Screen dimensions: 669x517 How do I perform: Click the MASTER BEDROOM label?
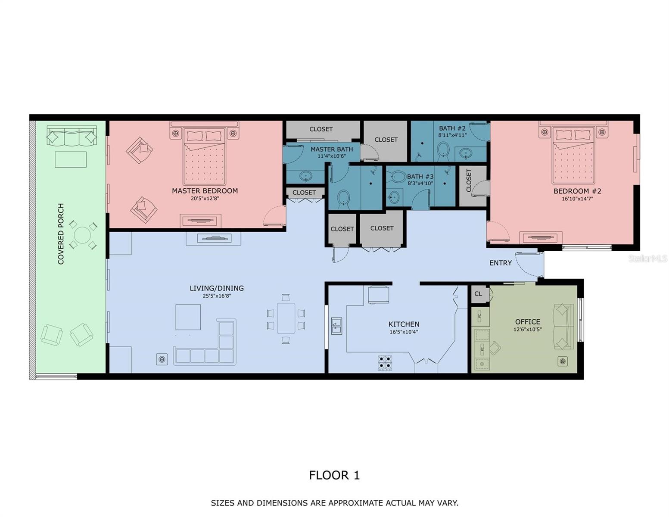pos(205,191)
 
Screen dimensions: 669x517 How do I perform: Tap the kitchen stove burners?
pos(385,363)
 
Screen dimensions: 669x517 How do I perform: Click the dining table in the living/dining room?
pos(286,318)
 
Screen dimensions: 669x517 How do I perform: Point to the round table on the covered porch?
pos(82,235)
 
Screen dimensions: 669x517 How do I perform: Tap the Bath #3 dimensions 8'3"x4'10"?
pos(420,184)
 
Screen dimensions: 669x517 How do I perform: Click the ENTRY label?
pos(501,263)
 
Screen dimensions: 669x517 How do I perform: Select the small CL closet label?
pos(478,294)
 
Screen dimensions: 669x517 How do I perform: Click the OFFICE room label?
pos(528,322)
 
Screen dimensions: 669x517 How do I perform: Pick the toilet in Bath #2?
pos(443,151)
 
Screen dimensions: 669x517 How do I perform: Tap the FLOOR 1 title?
pos(334,475)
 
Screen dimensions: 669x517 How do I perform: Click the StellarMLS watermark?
pos(648,258)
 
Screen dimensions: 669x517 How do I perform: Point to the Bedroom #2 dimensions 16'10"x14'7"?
pos(577,199)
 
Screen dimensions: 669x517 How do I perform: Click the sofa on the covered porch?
pos(72,135)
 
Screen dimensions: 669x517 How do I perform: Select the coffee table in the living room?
pos(188,317)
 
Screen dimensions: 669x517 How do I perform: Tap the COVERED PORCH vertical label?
pos(61,234)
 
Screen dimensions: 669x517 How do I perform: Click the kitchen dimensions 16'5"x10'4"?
pos(404,332)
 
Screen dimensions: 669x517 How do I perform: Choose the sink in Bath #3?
pos(393,196)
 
